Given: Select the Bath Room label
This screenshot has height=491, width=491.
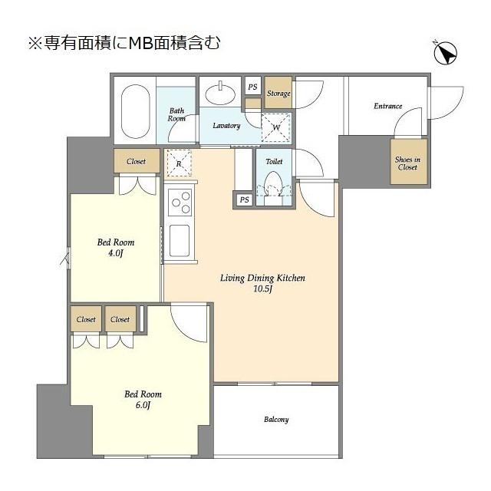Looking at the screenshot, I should click(x=177, y=115).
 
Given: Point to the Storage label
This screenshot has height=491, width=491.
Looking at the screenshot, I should click(x=278, y=94).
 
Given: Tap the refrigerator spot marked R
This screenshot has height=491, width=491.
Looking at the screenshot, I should click(x=178, y=163).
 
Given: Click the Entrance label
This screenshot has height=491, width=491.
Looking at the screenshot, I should click(x=388, y=106).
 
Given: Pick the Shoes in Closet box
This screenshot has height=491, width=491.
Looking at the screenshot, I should click(x=407, y=163).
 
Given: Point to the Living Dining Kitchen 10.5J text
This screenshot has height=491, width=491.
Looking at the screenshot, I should click(x=263, y=284).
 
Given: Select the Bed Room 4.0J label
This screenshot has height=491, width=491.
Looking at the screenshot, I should click(x=116, y=249).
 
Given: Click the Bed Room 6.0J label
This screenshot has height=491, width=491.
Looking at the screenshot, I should click(x=143, y=400).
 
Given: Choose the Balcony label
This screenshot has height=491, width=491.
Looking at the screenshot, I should click(x=276, y=420).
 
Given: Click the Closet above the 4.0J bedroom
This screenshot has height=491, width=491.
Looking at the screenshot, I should click(x=137, y=162).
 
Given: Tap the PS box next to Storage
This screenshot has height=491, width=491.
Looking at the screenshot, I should click(x=252, y=87).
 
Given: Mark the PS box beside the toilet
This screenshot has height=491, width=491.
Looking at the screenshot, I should click(x=244, y=200).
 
